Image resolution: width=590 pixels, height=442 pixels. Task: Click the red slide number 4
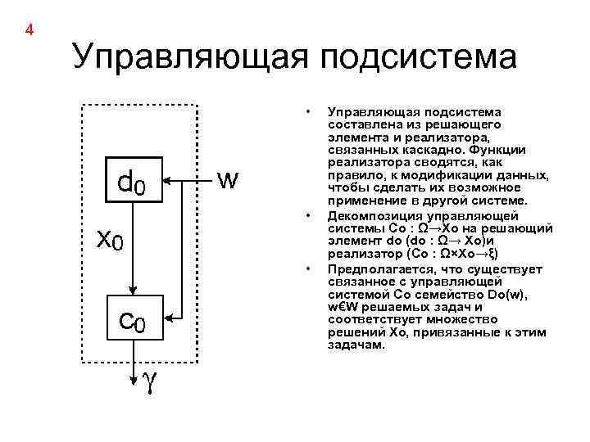(29, 31)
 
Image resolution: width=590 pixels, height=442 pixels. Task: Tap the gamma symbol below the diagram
(150, 381)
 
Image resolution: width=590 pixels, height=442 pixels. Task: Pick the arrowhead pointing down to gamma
(134, 377)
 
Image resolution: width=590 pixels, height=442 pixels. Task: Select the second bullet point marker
(307, 215)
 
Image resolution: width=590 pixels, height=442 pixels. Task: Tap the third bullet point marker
(307, 268)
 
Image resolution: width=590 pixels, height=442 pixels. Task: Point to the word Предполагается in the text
(373, 268)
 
